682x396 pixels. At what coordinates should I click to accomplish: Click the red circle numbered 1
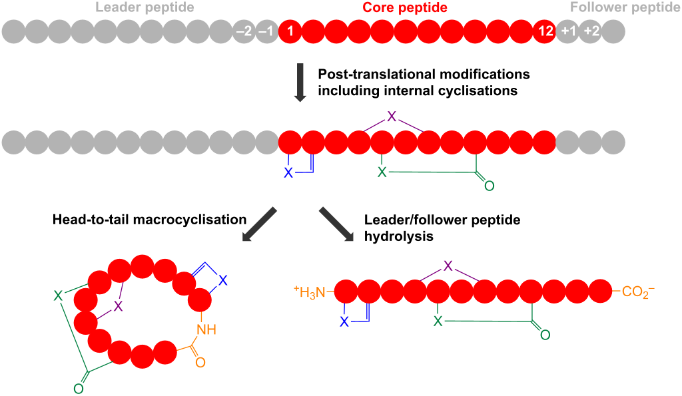tap(290, 31)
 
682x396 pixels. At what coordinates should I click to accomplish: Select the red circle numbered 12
tap(543, 31)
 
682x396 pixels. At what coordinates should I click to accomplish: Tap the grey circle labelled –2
tap(244, 31)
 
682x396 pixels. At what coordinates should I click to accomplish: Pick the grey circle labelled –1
tap(266, 31)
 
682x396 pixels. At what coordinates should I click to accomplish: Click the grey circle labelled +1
tap(567, 31)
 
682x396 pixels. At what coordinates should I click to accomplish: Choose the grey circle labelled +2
tap(590, 31)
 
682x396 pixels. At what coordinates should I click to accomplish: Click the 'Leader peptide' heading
tap(145, 8)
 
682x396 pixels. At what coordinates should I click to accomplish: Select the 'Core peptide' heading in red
tap(404, 8)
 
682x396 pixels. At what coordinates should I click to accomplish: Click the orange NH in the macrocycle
tap(206, 329)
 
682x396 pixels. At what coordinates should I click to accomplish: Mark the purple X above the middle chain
tap(392, 116)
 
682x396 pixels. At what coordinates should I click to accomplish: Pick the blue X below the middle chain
tap(288, 172)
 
